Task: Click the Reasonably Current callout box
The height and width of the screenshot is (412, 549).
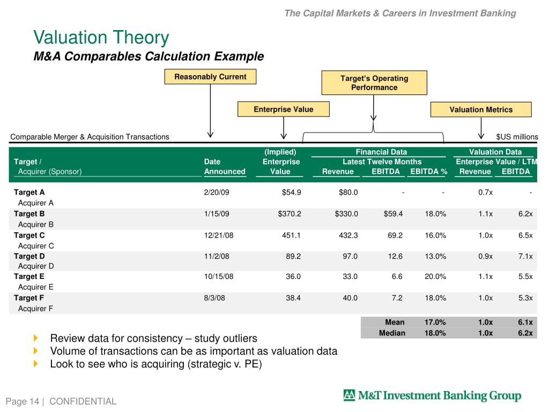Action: [210, 77]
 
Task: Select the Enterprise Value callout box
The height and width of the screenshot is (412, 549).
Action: [283, 109]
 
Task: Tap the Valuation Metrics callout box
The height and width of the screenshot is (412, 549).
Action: [481, 109]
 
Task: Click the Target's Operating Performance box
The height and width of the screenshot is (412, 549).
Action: [374, 83]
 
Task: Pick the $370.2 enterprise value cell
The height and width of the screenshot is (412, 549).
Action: [290, 214]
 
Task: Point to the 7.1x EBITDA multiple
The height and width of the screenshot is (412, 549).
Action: [525, 256]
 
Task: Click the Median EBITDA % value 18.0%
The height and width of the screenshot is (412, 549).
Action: [435, 333]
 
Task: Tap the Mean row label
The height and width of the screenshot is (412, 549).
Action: [395, 322]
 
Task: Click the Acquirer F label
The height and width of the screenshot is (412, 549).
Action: [35, 308]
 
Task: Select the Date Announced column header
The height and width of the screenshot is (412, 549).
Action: [224, 166]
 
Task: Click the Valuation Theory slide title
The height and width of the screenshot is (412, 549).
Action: [101, 38]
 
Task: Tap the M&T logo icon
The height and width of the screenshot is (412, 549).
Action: [349, 396]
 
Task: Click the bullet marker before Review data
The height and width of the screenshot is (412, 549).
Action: [36, 338]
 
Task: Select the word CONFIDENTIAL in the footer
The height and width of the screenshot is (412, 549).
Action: [83, 401]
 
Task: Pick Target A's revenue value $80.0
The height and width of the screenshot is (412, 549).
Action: [347, 192]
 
